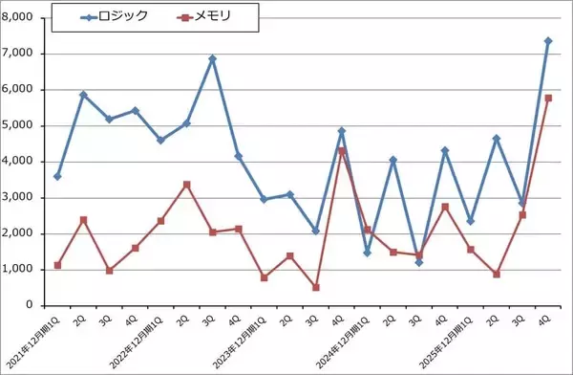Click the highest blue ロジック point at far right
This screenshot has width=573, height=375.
tap(547, 41)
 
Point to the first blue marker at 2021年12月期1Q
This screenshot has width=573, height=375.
tap(58, 177)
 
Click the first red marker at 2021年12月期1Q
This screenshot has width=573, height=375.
tap(58, 265)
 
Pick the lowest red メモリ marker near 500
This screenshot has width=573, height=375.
tap(315, 287)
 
